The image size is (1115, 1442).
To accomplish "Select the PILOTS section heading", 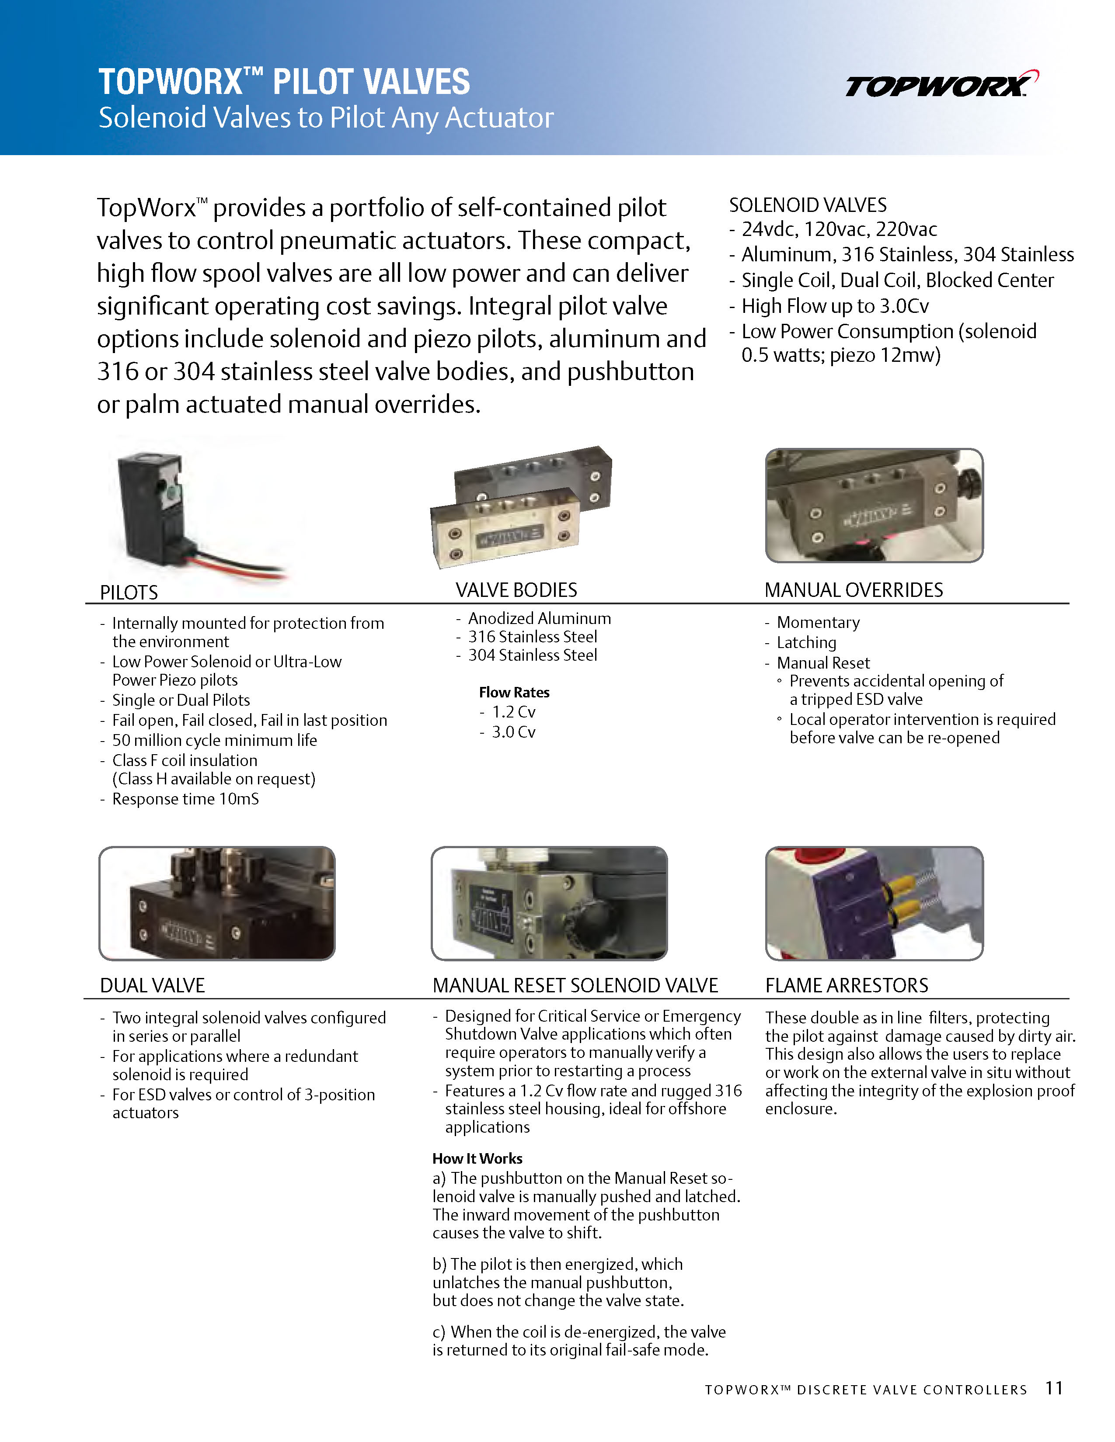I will pos(129,592).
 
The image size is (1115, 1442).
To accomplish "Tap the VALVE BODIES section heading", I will pos(516,589).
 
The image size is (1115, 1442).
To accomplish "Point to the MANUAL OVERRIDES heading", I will pos(854,589).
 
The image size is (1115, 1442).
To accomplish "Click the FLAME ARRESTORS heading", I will pos(846,985).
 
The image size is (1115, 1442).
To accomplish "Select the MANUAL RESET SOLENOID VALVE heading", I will pos(575,985).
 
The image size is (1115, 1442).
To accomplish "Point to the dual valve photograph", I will pos(216,903).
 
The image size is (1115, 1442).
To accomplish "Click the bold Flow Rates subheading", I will pos(514,692).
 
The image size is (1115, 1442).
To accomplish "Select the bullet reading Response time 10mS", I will pos(185,799).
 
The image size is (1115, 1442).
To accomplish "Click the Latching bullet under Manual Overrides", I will pos(806,642).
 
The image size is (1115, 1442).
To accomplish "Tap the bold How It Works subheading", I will pos(477,1158).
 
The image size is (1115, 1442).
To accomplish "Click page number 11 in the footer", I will pos(1054,1388).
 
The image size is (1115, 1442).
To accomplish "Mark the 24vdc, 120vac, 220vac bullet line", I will pos(839,229).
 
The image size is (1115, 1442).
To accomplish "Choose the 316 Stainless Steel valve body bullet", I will pos(533,637).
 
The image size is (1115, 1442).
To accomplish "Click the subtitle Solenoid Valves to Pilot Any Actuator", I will pos(326,118).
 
